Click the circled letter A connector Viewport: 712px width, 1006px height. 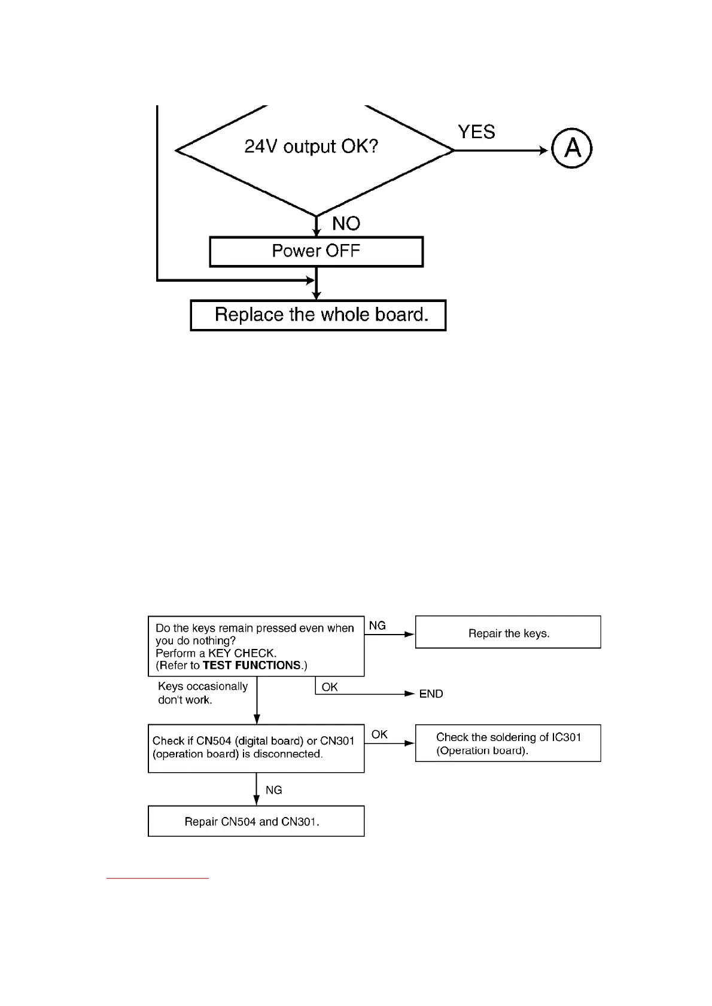pos(571,148)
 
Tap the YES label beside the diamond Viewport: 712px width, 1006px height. pos(476,132)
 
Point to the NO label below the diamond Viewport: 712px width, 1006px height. pos(346,224)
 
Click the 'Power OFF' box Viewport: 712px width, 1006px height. pos(316,251)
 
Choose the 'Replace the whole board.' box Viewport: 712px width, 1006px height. pos(318,315)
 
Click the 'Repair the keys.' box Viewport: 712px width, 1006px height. pos(508,633)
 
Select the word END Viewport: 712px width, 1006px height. pos(431,694)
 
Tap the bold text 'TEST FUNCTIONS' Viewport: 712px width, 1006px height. pos(251,665)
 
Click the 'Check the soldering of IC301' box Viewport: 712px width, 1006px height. pos(508,743)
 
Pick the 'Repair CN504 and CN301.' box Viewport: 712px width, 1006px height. pos(256,821)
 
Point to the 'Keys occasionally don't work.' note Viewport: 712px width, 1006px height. pos(202,693)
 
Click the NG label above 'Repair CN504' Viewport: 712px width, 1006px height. pos(273,790)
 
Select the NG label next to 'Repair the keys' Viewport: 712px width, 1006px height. pos(377,626)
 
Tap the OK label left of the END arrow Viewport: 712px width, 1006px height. pos(330,687)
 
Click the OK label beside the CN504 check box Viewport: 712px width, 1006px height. pos(379,734)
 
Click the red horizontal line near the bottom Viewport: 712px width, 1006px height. pos(157,878)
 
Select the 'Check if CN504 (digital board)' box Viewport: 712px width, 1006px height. pos(256,748)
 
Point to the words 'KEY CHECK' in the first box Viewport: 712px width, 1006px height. pos(242,653)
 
